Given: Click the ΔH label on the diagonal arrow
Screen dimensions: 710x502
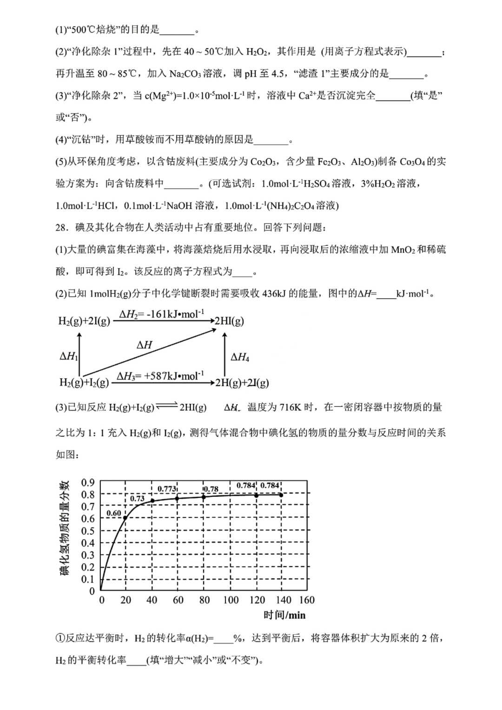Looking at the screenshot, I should click(145, 345).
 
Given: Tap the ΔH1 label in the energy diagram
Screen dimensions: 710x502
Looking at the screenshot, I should click(69, 356).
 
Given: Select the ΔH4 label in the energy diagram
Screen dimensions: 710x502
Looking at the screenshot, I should click(240, 357).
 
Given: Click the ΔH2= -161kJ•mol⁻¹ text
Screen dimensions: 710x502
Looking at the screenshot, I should click(162, 315).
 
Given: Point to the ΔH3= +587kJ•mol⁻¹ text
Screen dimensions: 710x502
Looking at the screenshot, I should click(160, 376).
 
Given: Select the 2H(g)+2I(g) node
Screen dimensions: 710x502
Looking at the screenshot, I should click(242, 383).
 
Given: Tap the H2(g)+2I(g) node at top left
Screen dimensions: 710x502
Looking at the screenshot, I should click(84, 321).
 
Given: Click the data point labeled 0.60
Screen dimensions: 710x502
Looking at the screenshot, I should click(125, 518).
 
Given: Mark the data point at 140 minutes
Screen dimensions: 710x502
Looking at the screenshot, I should click(281, 495).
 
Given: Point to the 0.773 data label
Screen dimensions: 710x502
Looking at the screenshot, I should click(167, 488).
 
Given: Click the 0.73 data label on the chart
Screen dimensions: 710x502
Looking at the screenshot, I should click(137, 499).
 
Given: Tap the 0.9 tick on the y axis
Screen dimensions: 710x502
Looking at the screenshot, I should click(88, 482).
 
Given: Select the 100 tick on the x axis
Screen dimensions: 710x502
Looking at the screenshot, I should click(231, 600).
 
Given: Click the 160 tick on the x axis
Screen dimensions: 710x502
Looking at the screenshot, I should click(307, 600).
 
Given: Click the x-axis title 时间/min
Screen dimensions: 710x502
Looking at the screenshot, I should click(284, 615).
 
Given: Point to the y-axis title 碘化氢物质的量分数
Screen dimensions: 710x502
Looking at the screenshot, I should click(65, 528).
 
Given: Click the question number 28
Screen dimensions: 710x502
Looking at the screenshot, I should click(62, 227).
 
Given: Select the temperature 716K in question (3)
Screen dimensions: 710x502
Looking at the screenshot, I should click(291, 408).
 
